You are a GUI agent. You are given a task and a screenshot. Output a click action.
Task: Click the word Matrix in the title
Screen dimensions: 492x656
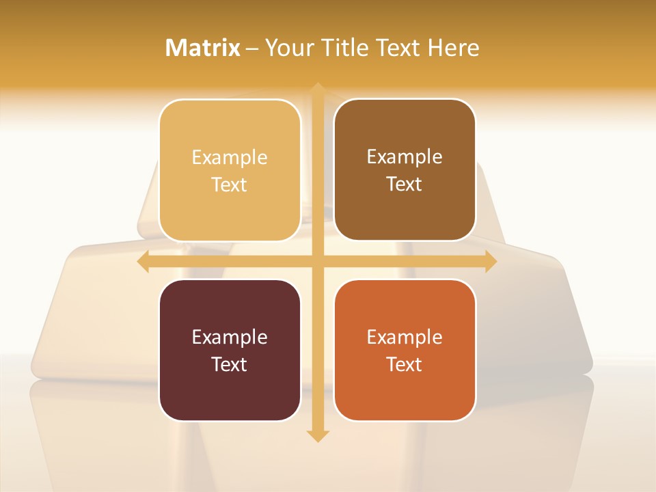click(203, 48)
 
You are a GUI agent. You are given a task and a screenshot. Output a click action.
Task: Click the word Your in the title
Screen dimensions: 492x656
click(288, 48)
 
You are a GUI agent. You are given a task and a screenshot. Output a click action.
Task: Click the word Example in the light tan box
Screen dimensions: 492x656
click(230, 158)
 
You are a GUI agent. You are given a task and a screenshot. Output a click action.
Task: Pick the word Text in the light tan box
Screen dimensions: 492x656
click(230, 185)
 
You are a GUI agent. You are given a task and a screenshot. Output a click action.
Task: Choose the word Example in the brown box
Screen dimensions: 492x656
click(405, 157)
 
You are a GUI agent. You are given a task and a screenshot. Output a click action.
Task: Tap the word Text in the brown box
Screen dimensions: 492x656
click(405, 184)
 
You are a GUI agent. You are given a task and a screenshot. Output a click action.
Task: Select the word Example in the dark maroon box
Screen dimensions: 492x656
click(230, 338)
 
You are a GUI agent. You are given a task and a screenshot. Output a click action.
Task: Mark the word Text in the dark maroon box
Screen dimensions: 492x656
click(230, 365)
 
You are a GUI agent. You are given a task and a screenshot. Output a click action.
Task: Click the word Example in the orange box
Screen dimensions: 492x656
click(405, 338)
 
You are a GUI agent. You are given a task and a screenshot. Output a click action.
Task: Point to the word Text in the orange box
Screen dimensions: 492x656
click(405, 365)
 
